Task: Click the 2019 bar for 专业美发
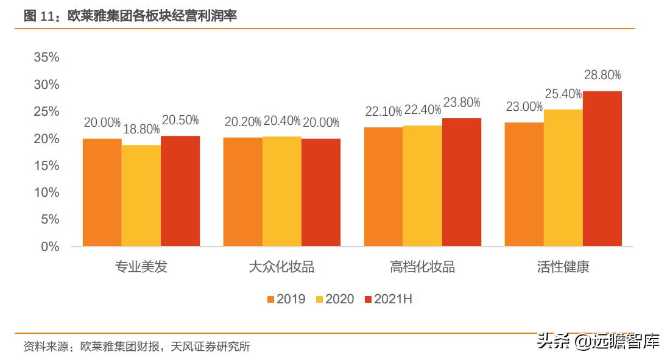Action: [102, 192]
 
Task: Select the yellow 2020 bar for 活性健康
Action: [563, 178]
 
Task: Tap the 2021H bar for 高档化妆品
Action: [462, 182]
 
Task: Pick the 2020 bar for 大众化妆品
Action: [282, 191]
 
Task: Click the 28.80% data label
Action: [602, 76]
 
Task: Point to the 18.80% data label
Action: [141, 129]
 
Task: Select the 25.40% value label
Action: [563, 94]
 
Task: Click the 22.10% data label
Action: [384, 111]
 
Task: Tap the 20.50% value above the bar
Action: [180, 120]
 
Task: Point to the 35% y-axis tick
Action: [47, 57]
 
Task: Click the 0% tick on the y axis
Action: [51, 247]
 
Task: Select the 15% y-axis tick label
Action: [47, 166]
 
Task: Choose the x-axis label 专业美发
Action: [141, 267]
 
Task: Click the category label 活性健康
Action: [563, 267]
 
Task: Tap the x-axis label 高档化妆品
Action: [423, 267]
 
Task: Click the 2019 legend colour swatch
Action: [271, 299]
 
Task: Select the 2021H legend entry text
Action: [393, 299]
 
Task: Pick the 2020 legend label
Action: [340, 299]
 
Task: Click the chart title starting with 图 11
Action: [130, 16]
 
